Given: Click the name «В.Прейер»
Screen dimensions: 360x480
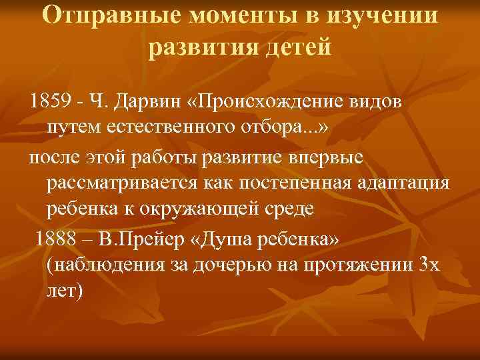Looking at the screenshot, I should coord(151,238).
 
